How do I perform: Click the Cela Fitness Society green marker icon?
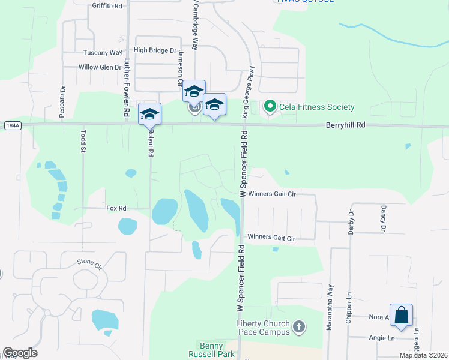click(270, 107)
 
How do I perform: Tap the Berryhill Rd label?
click(345, 125)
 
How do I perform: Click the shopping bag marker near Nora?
click(401, 315)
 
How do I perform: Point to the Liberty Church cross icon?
click(298, 328)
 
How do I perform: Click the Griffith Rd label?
click(107, 5)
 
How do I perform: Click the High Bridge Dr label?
click(156, 51)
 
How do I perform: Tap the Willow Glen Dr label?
click(100, 67)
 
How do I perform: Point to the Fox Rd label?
click(116, 208)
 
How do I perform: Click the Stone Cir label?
click(89, 262)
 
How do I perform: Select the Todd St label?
click(83, 143)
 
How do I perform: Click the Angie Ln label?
click(382, 338)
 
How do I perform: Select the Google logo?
click(20, 353)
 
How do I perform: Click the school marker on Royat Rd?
click(149, 114)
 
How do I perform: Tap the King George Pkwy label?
click(245, 91)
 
